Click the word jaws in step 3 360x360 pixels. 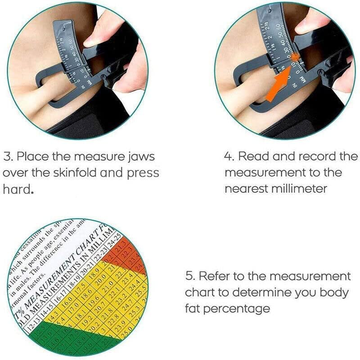(x=135, y=157)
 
